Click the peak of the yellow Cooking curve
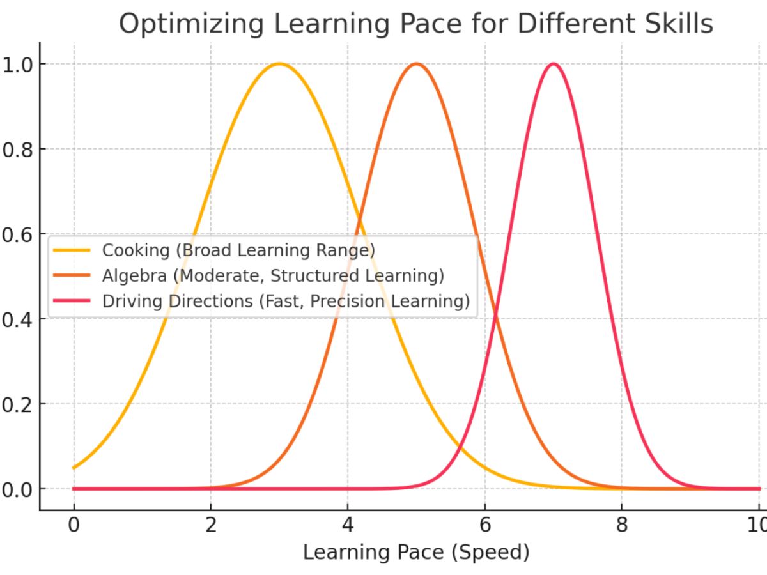(x=279, y=64)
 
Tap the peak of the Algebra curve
(x=416, y=64)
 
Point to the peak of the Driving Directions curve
(x=554, y=64)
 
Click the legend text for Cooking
(x=238, y=250)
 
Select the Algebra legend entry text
(x=273, y=275)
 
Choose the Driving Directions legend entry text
(x=286, y=301)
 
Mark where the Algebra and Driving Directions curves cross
(x=495, y=314)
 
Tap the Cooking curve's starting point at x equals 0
(x=74, y=468)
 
